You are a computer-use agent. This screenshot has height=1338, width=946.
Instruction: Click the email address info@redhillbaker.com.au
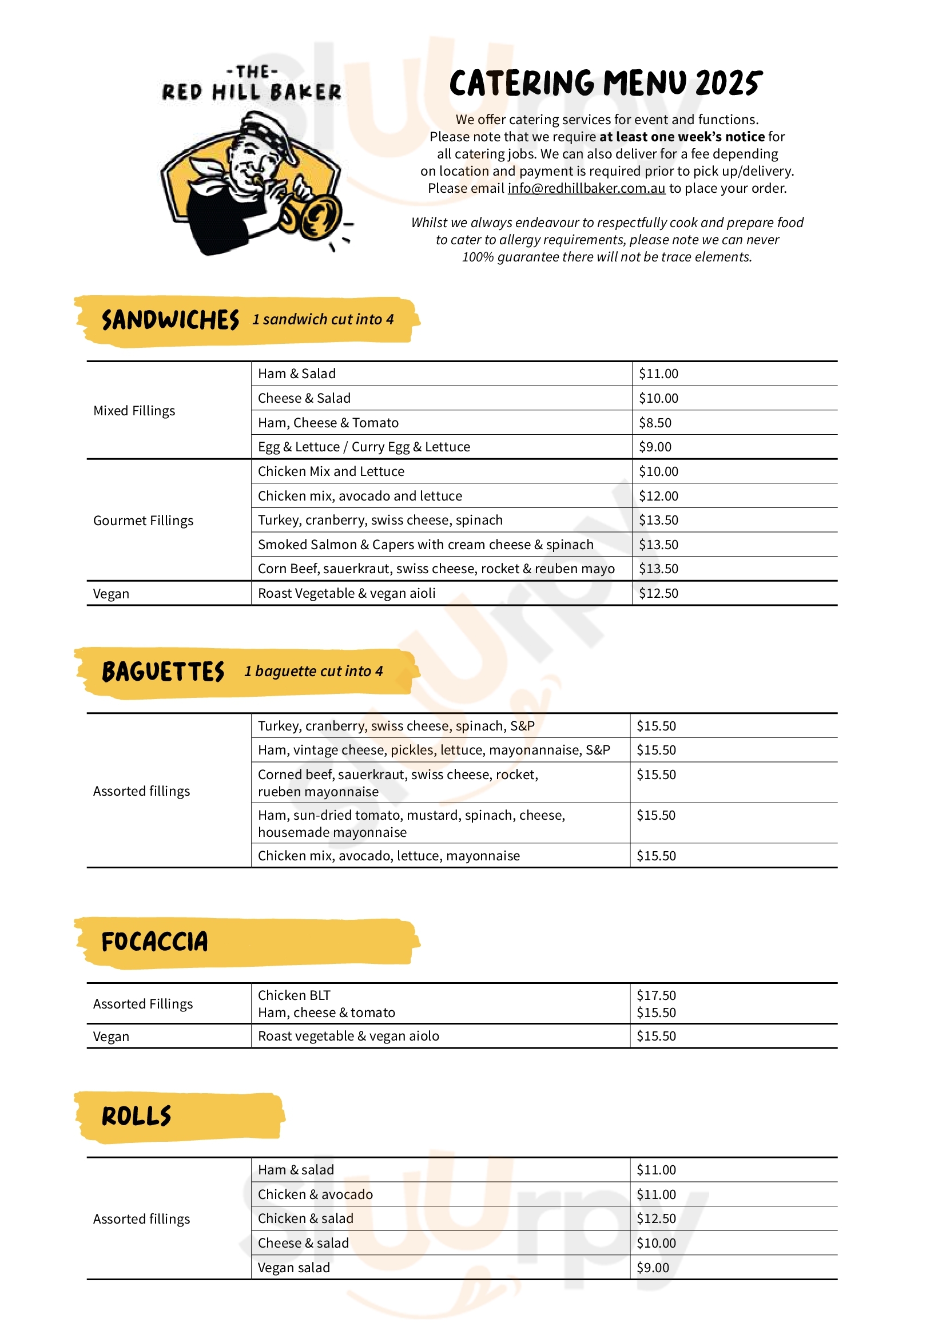[x=586, y=188]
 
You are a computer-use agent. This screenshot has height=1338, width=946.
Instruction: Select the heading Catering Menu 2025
[x=606, y=84]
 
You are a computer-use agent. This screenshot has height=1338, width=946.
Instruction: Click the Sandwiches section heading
[x=170, y=320]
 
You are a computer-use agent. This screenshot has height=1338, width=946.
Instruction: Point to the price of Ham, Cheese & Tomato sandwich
[x=655, y=423]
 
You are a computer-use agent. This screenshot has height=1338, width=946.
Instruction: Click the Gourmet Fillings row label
[x=144, y=521]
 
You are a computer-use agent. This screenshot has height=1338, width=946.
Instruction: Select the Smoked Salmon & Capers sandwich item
[x=425, y=544]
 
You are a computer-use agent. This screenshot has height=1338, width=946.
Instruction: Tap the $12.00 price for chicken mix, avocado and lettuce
[x=658, y=496]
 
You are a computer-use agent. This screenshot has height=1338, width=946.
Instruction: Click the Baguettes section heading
[x=163, y=672]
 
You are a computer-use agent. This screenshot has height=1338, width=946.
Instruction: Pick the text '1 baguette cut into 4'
[x=313, y=672]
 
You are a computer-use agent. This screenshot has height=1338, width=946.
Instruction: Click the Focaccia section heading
[x=154, y=942]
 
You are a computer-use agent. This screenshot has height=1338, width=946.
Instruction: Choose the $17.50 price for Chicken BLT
[x=656, y=995]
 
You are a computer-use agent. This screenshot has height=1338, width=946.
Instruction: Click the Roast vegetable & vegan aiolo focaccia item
[x=348, y=1036]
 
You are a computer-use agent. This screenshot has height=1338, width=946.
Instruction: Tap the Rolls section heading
[x=136, y=1117]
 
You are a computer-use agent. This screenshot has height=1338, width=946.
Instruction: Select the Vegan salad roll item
[x=293, y=1268]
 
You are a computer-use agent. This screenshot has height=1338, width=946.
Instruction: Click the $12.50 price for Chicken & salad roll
[x=656, y=1218]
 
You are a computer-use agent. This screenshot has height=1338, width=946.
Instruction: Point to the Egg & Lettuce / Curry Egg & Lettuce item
[x=364, y=447]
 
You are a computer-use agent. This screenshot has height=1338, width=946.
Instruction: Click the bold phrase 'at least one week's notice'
[x=682, y=137]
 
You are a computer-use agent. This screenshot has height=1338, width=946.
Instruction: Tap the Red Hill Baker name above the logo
[x=252, y=92]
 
